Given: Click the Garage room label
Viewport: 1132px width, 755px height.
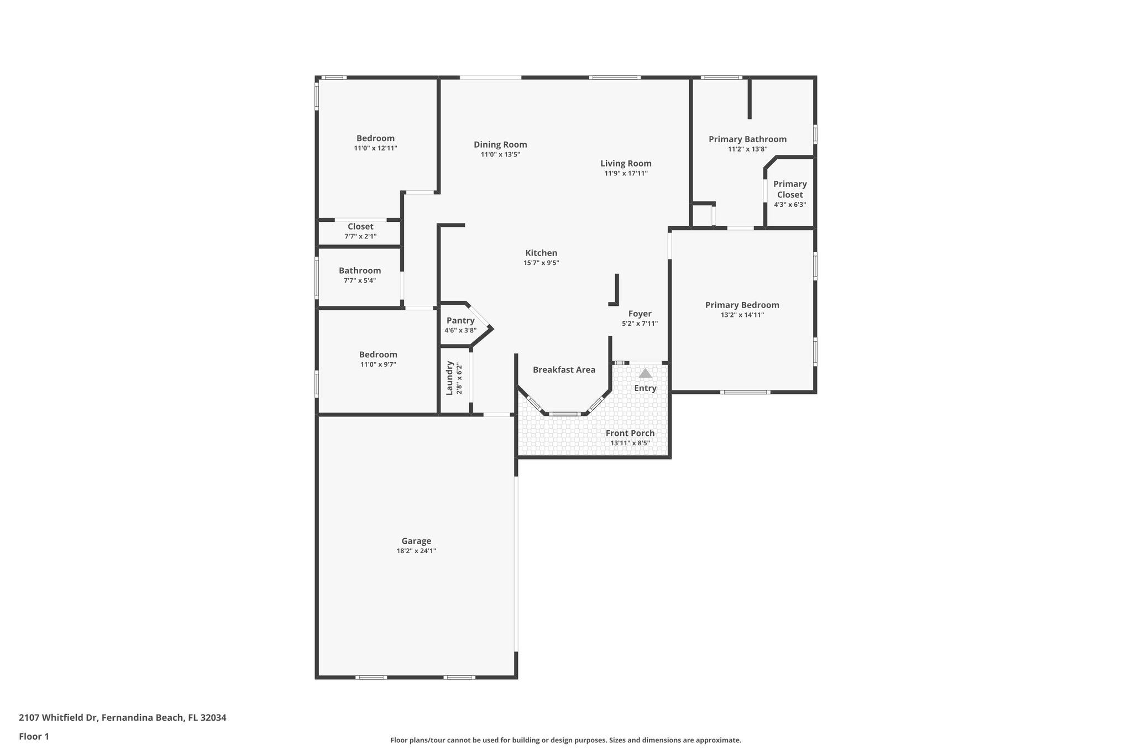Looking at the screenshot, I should [416, 541].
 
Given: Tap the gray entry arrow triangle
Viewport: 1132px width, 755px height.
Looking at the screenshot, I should [645, 373].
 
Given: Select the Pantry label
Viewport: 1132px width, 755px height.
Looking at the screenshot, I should [460, 321].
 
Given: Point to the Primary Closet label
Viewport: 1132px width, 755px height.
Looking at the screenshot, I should [790, 189].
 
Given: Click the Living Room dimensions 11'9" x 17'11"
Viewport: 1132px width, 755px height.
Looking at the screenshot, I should [626, 173].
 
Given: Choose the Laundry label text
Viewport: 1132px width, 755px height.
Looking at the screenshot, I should [450, 378].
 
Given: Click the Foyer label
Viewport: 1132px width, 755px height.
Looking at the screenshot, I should [640, 314].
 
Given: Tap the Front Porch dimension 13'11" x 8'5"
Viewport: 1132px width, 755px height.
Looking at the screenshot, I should [630, 443].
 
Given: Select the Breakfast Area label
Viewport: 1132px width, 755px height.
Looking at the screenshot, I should [564, 369].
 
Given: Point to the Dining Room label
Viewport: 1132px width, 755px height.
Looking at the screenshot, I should [500, 144].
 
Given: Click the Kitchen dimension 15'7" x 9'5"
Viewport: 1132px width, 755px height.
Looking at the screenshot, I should [541, 263].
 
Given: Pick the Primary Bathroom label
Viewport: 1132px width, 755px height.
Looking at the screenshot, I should [747, 139].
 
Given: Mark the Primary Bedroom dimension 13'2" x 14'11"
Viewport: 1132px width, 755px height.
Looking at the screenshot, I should [742, 315].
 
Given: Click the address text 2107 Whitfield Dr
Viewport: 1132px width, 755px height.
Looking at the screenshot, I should [59, 717].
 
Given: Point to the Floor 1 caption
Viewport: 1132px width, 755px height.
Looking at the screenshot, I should [34, 736].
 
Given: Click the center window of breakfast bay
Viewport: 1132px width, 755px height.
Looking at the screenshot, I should [564, 414].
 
